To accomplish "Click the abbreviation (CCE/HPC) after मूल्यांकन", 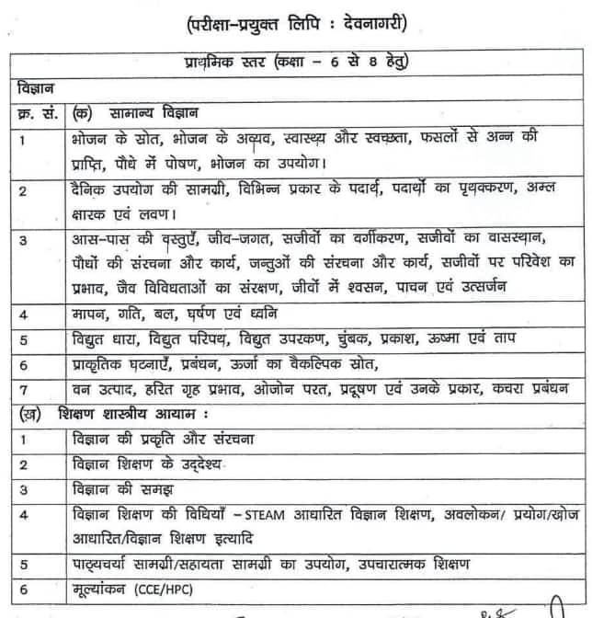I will point(176,589).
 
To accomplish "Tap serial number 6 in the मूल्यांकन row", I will point(21,589).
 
